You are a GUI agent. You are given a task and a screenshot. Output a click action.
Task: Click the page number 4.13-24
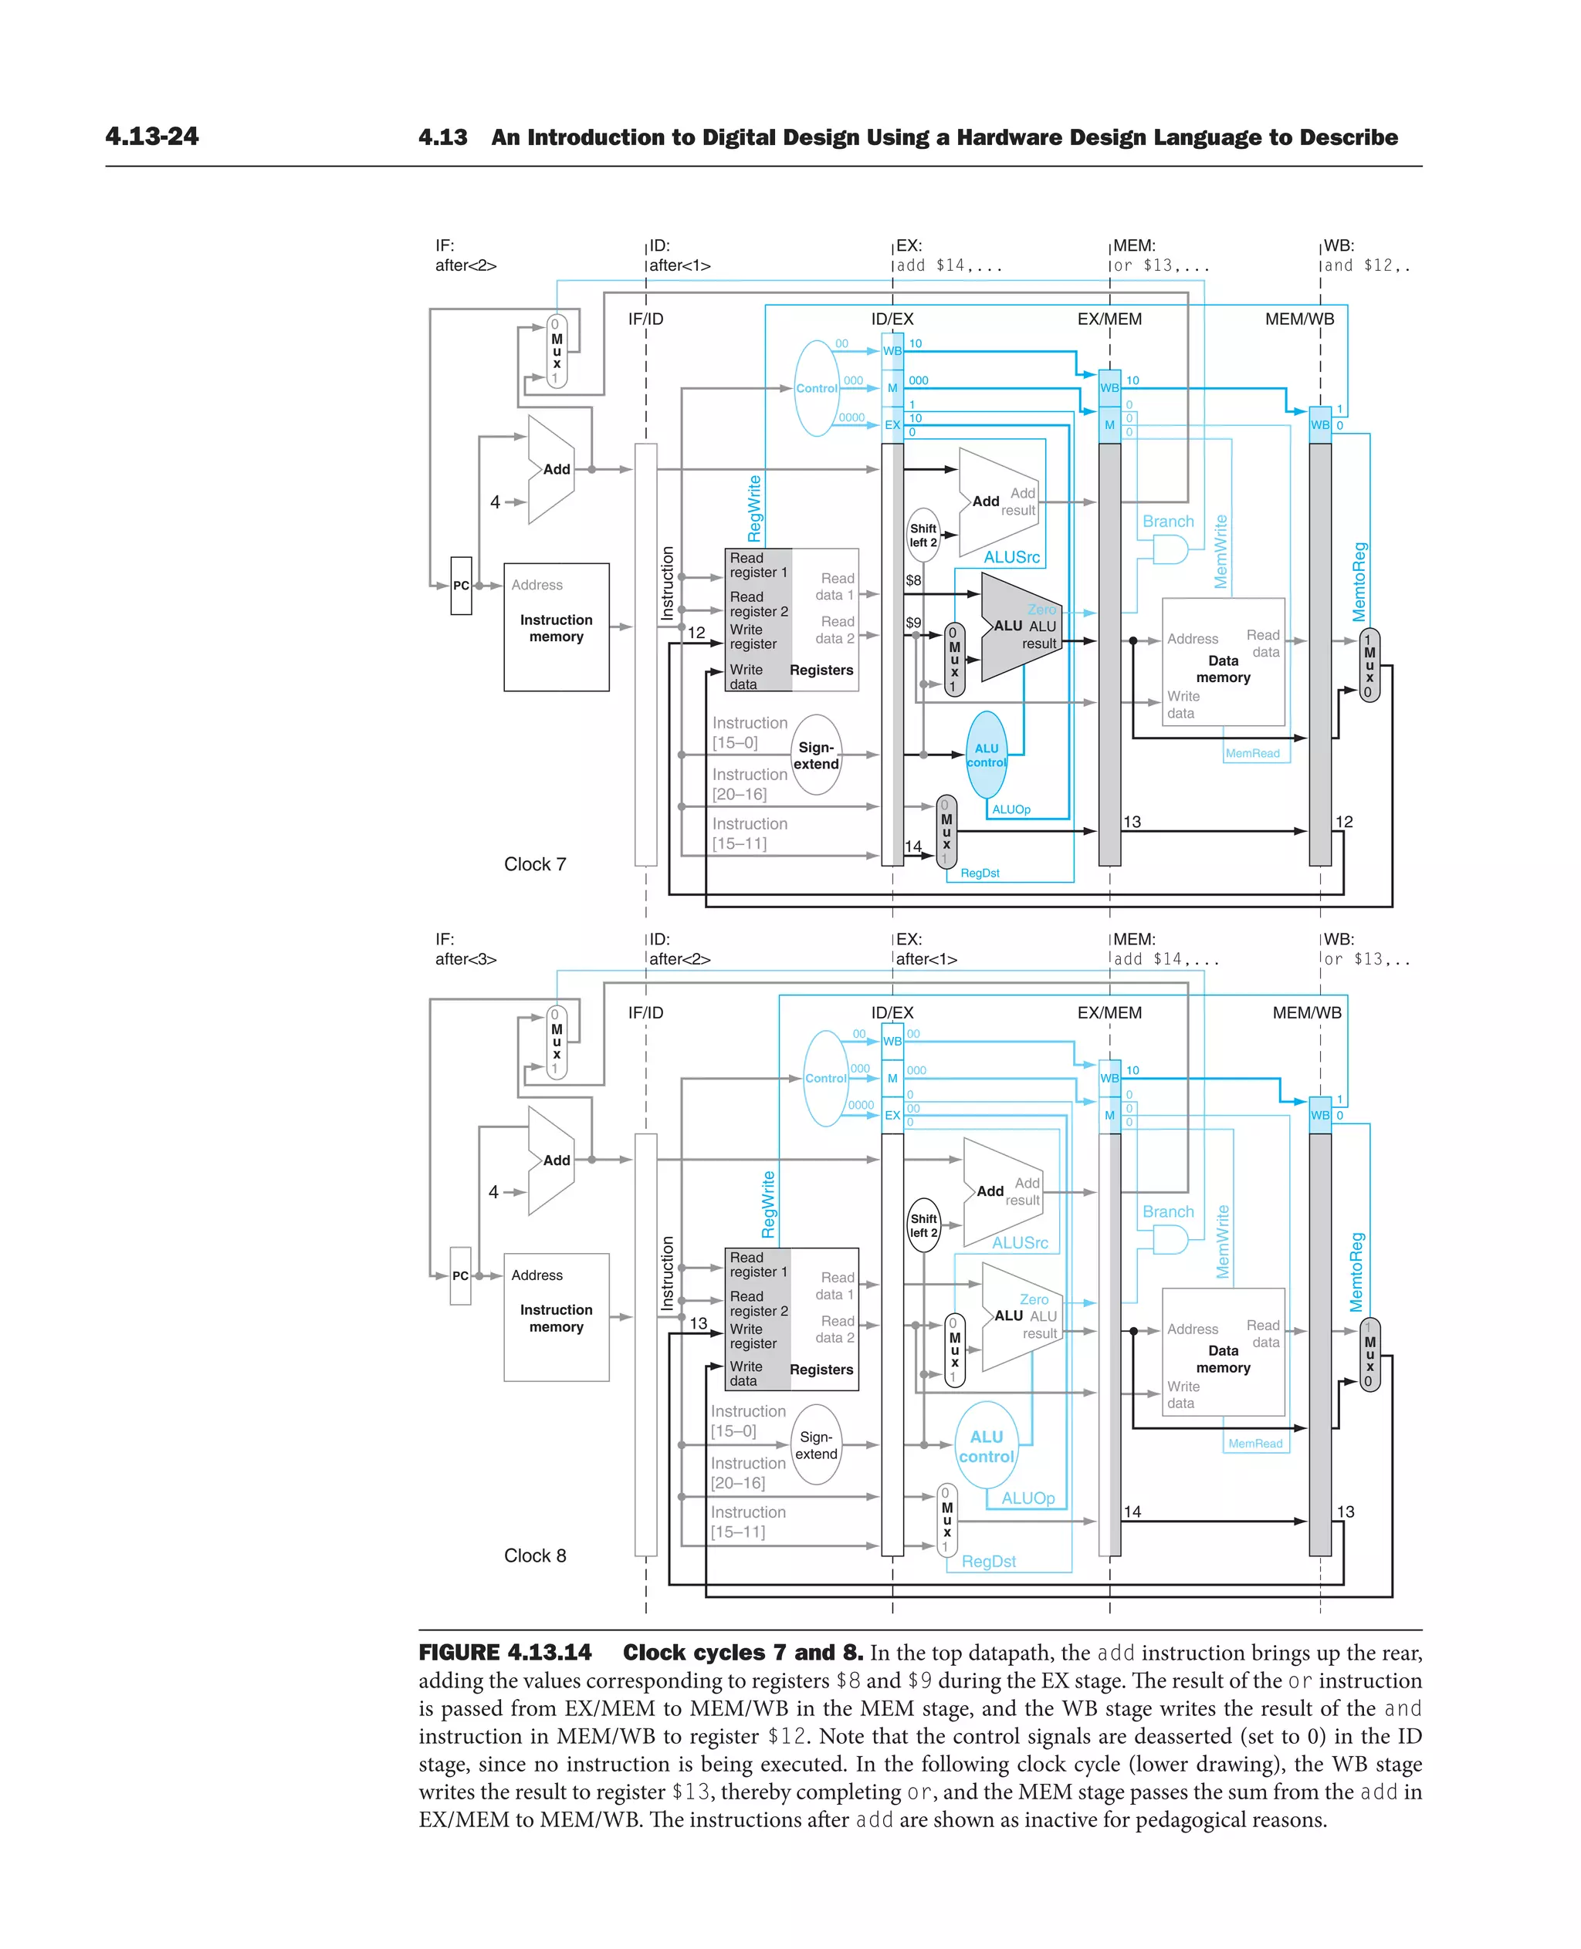(151, 137)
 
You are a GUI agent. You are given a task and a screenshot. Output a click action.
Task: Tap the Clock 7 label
(534, 864)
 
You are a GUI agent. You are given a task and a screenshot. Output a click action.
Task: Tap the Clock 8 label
(534, 1555)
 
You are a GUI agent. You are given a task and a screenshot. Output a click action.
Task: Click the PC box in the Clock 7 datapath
(461, 586)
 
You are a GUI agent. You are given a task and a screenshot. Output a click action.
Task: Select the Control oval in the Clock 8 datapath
(825, 1078)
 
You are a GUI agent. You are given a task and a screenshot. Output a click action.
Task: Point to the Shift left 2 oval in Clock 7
(923, 535)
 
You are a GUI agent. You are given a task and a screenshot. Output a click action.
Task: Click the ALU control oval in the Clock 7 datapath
(987, 755)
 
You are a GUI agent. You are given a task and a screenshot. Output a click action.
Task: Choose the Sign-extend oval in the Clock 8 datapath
(816, 1444)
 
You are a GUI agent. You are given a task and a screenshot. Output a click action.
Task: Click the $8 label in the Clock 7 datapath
(912, 580)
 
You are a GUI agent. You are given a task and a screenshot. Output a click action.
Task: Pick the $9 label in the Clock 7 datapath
(912, 623)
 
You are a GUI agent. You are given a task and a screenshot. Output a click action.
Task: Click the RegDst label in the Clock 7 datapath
(980, 873)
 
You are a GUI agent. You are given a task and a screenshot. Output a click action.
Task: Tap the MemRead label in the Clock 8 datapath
(1255, 1443)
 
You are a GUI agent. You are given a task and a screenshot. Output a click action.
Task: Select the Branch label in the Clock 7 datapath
(1167, 522)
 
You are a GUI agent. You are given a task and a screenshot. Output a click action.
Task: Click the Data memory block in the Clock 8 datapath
(1223, 1359)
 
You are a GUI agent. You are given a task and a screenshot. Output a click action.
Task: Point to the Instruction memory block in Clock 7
(556, 628)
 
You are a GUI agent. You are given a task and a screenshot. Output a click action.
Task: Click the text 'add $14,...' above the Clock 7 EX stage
(949, 266)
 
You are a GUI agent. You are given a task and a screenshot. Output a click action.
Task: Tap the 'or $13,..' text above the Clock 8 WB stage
(1366, 958)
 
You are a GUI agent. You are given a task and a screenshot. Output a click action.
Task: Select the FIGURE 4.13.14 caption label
(505, 1652)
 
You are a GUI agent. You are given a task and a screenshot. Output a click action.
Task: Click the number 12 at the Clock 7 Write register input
(696, 632)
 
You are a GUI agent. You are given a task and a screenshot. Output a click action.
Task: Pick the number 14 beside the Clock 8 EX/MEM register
(1132, 1512)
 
